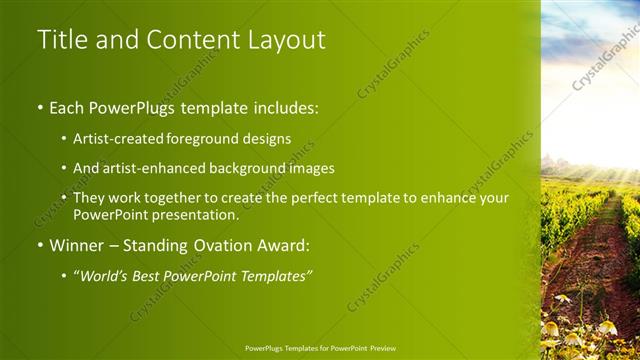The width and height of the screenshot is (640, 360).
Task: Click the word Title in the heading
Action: point(60,40)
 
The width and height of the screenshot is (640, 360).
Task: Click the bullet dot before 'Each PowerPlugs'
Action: point(39,106)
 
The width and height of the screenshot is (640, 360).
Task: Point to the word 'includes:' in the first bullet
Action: point(285,105)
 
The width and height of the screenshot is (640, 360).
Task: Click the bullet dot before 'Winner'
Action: point(39,245)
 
